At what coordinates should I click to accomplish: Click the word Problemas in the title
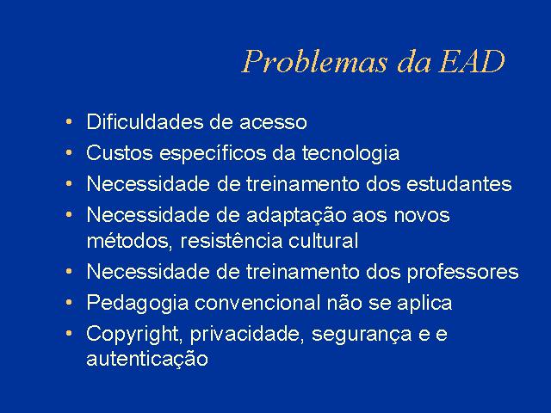tap(315, 61)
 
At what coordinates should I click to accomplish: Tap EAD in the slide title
tap(473, 61)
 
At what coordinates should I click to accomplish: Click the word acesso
tap(273, 122)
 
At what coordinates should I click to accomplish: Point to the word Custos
tap(120, 153)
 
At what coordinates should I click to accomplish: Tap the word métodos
tap(130, 241)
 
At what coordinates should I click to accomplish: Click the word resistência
tap(232, 241)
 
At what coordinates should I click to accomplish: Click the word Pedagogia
tap(138, 304)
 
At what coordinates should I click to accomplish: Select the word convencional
tap(257, 302)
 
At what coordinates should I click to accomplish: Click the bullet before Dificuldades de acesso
tap(69, 122)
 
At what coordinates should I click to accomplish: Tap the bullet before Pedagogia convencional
tap(69, 302)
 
